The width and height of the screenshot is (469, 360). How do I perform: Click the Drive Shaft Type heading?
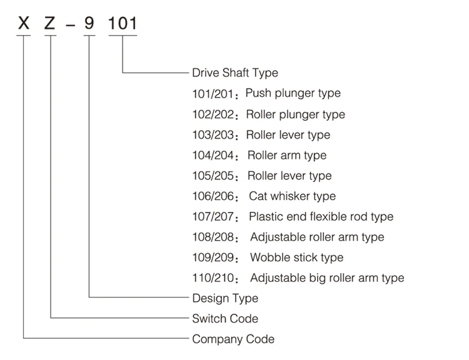coord(235,73)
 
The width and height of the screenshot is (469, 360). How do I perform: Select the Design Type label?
coord(225,298)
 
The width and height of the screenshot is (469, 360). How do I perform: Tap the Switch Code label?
coord(225,319)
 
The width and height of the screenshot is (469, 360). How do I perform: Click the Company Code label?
coord(233,339)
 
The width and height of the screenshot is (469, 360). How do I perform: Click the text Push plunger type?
coord(293,94)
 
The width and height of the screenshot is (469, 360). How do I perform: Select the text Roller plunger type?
coord(296,114)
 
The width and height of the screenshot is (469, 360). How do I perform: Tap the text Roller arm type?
coord(287,155)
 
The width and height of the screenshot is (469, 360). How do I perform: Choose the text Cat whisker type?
coord(292,196)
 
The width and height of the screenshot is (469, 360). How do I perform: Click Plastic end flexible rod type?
coord(321,217)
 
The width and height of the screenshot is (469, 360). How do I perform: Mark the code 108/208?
coord(214,237)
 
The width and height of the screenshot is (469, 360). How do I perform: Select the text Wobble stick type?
coord(297,257)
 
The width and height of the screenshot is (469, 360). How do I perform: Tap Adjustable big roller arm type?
coord(327,278)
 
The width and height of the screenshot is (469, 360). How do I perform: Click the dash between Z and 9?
coord(71,26)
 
